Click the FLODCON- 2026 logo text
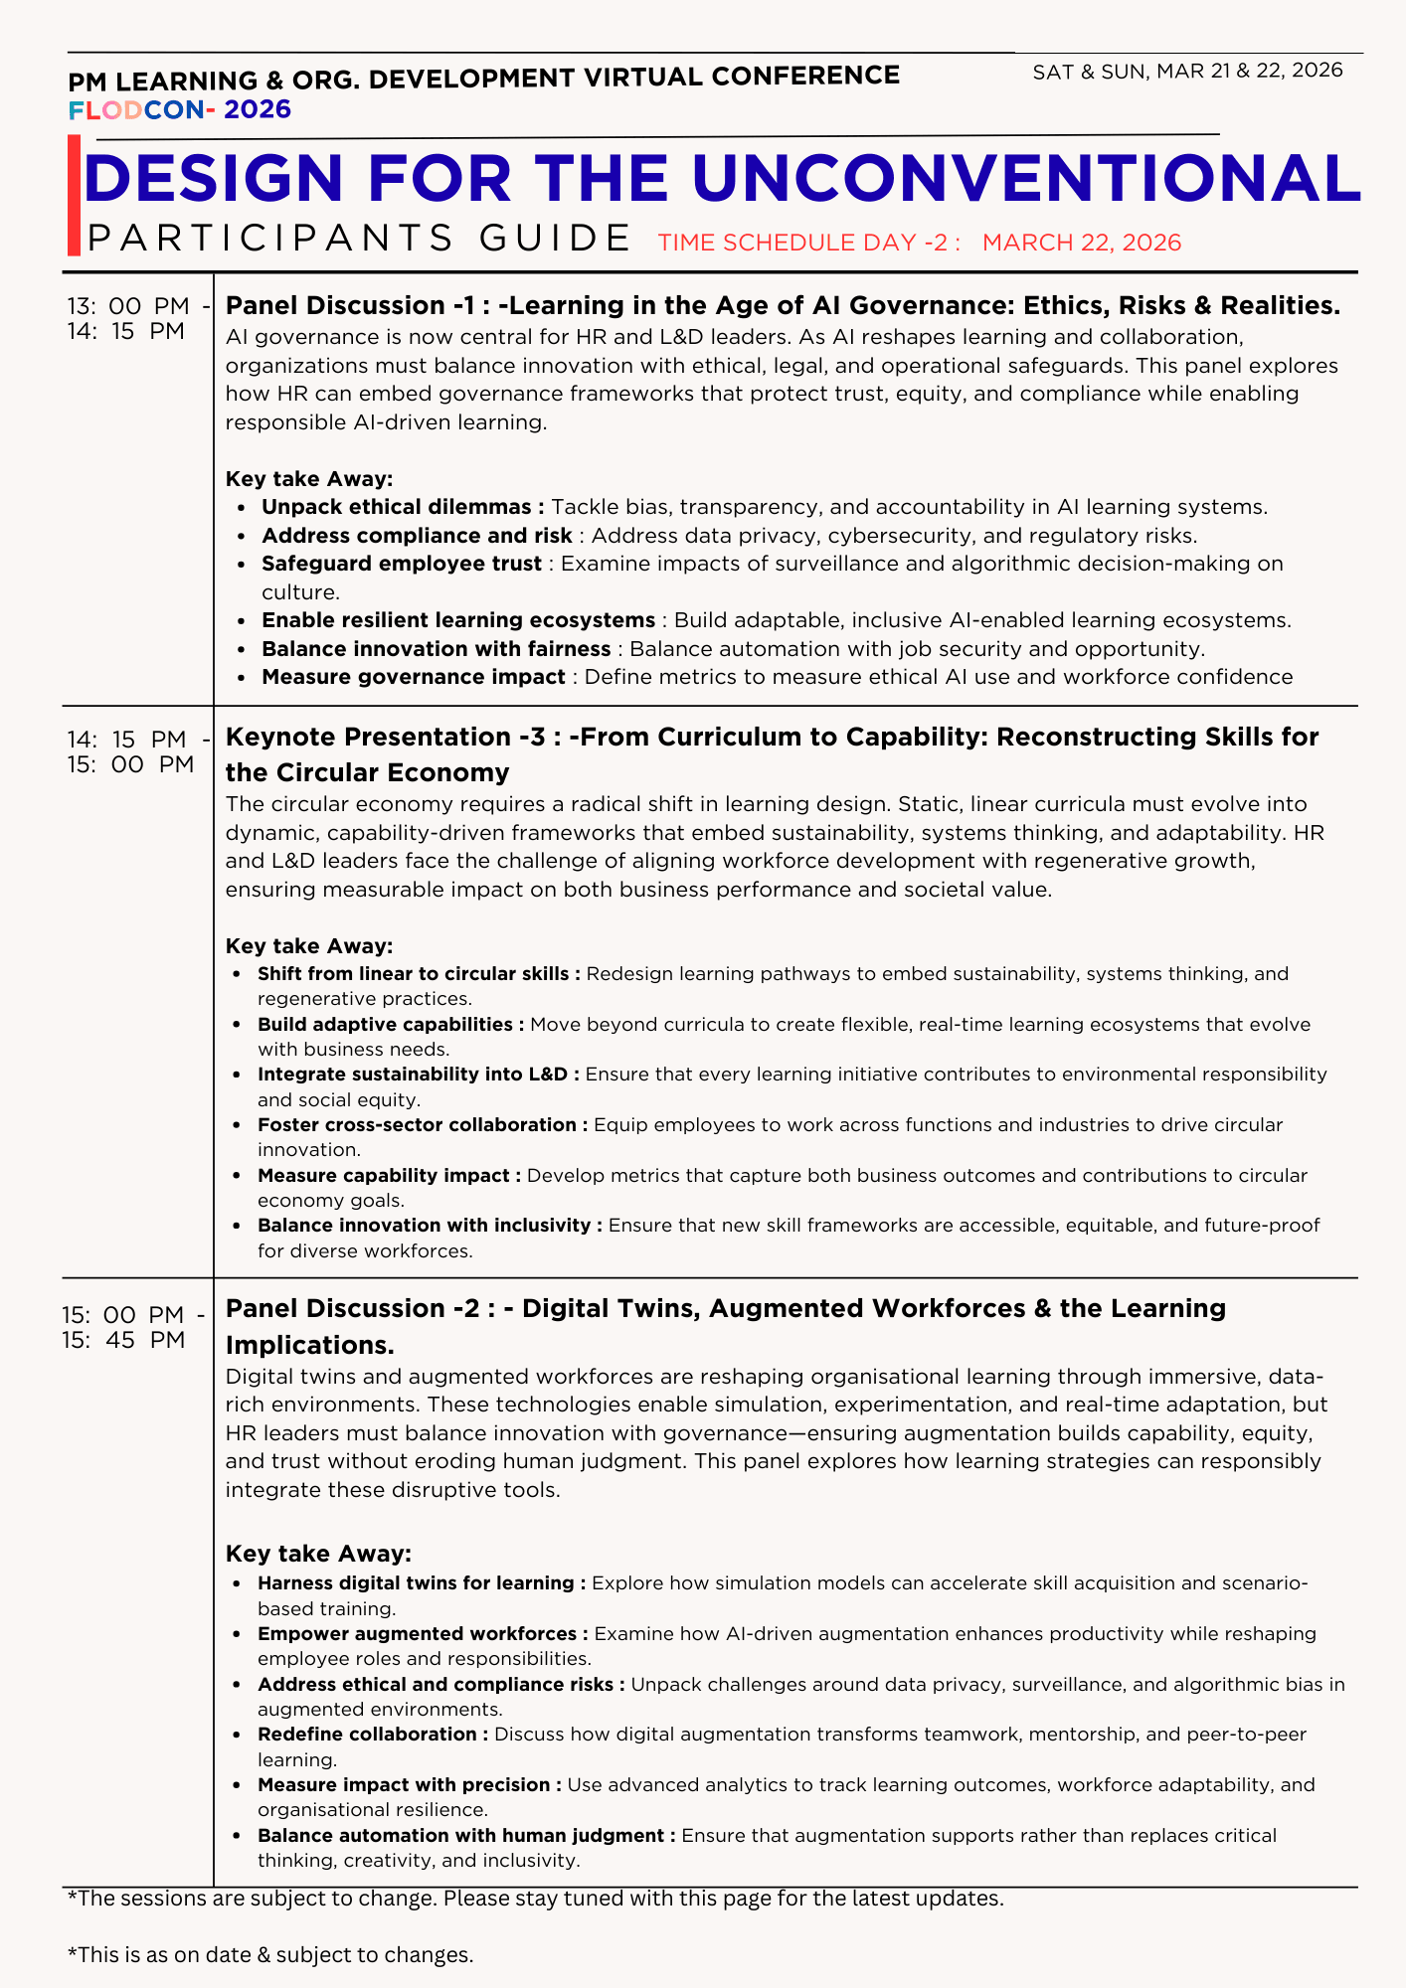tap(180, 109)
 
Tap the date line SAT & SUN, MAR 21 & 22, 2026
tap(1187, 71)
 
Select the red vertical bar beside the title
tap(74, 197)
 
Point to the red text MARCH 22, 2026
tap(1082, 243)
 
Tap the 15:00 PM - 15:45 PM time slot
tap(133, 1326)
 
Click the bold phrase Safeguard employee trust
tap(402, 564)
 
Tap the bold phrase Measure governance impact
tap(414, 677)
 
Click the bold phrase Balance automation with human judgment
tap(465, 1835)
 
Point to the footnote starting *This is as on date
tap(270, 1954)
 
